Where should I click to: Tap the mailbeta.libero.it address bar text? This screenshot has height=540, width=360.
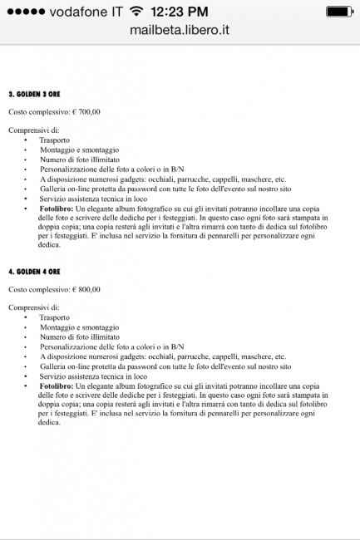(x=180, y=30)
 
